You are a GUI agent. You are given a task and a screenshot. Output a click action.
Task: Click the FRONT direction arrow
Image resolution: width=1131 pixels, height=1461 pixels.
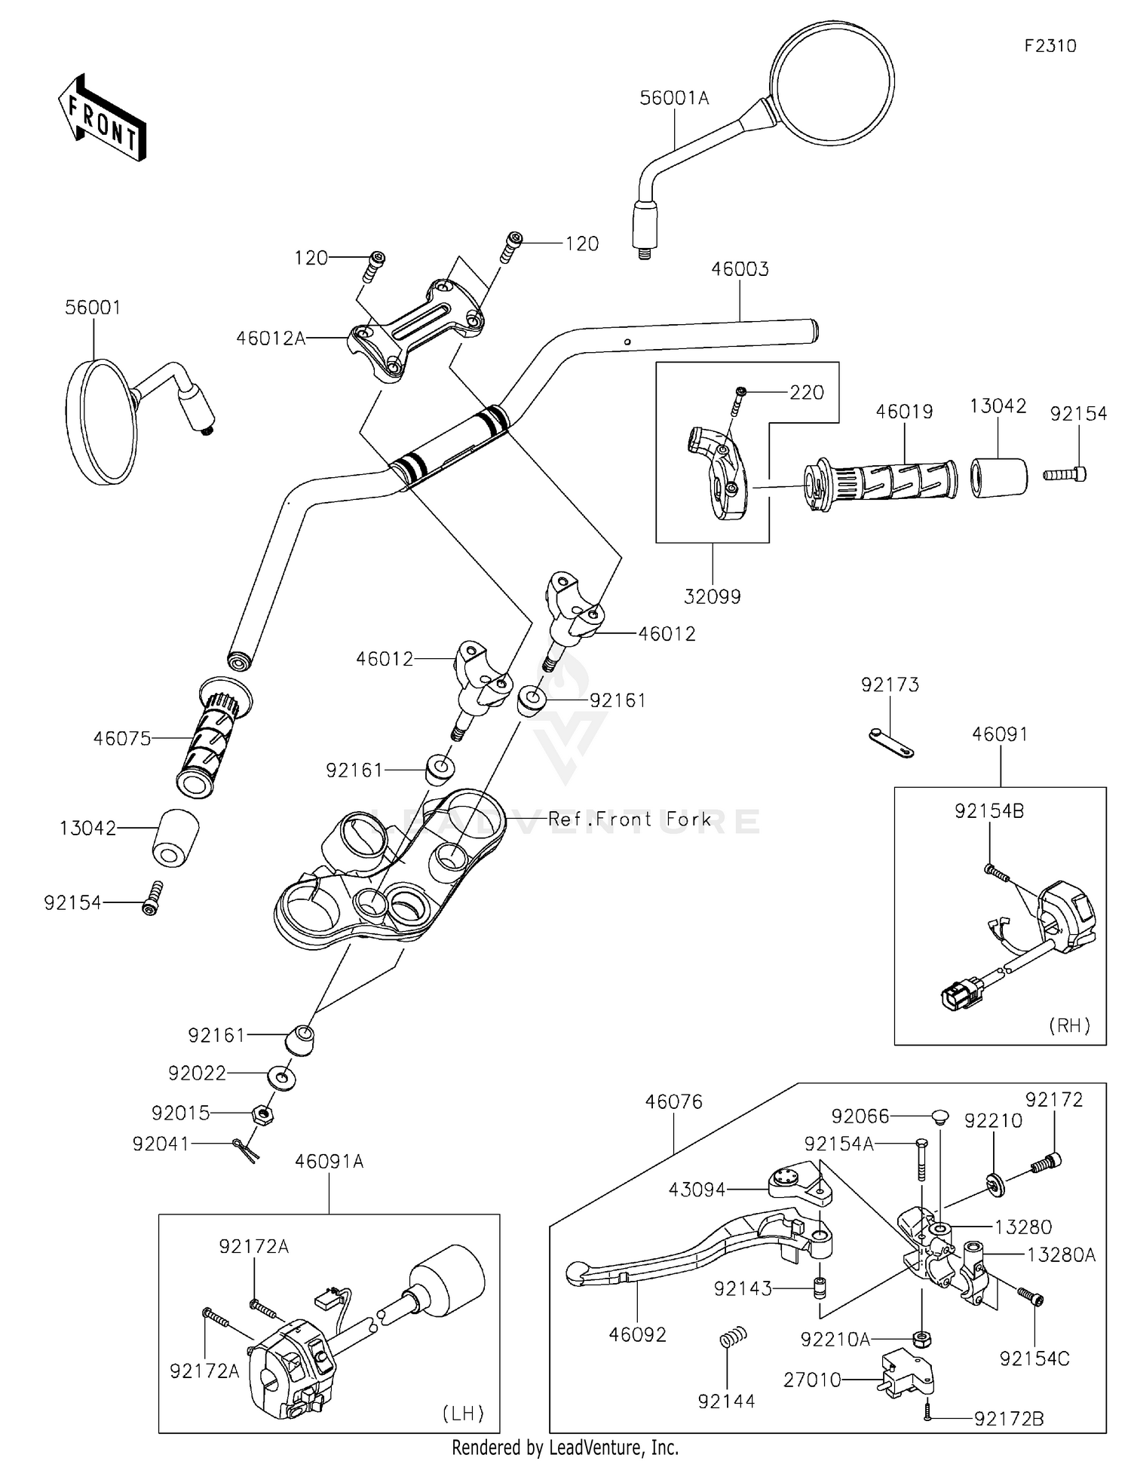pyautogui.click(x=101, y=118)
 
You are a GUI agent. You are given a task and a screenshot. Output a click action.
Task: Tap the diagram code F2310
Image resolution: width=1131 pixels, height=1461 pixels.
pyautogui.click(x=1050, y=46)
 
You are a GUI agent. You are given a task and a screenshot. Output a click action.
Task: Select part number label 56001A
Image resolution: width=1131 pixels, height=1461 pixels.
pyautogui.click(x=674, y=98)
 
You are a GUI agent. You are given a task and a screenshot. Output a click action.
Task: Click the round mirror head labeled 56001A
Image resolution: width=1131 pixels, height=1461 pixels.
pyautogui.click(x=832, y=82)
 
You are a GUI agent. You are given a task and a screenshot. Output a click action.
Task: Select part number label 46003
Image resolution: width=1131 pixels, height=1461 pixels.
pyautogui.click(x=740, y=269)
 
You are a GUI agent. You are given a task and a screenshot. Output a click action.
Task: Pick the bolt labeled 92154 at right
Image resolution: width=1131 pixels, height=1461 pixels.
pyautogui.click(x=1065, y=474)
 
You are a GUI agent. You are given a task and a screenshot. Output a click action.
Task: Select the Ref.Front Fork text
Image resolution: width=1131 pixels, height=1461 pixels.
pyautogui.click(x=630, y=819)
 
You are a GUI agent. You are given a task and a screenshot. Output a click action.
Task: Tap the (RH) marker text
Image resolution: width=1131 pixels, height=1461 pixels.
pyautogui.click(x=1069, y=1025)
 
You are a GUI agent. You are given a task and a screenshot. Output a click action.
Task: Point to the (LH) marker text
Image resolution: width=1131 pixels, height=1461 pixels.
pyautogui.click(x=463, y=1414)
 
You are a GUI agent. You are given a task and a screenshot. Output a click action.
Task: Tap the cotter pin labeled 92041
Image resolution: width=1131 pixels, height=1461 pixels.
pyautogui.click(x=247, y=1147)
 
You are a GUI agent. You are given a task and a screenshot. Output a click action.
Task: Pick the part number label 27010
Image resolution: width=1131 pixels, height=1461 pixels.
pyautogui.click(x=812, y=1380)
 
